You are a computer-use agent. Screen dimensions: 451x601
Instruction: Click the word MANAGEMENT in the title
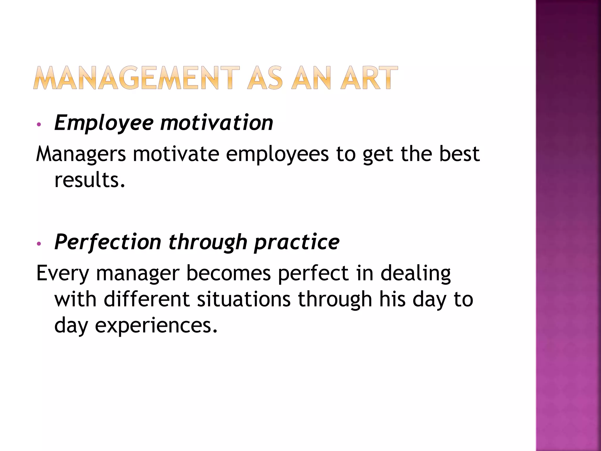(x=136, y=78)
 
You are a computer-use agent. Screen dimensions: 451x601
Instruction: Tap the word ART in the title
(x=369, y=78)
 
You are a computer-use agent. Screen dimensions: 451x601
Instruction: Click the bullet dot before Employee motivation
(x=38, y=124)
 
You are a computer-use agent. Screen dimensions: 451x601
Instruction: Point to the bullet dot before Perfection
(x=38, y=244)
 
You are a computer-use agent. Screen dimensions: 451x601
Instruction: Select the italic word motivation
(x=217, y=123)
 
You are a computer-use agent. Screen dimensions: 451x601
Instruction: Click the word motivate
(x=176, y=154)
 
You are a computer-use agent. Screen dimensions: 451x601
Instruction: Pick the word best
(x=459, y=154)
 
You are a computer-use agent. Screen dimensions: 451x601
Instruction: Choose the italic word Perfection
(x=108, y=242)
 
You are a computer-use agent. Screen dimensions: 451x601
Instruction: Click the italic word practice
(x=297, y=243)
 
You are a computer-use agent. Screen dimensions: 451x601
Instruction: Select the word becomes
(x=228, y=273)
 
